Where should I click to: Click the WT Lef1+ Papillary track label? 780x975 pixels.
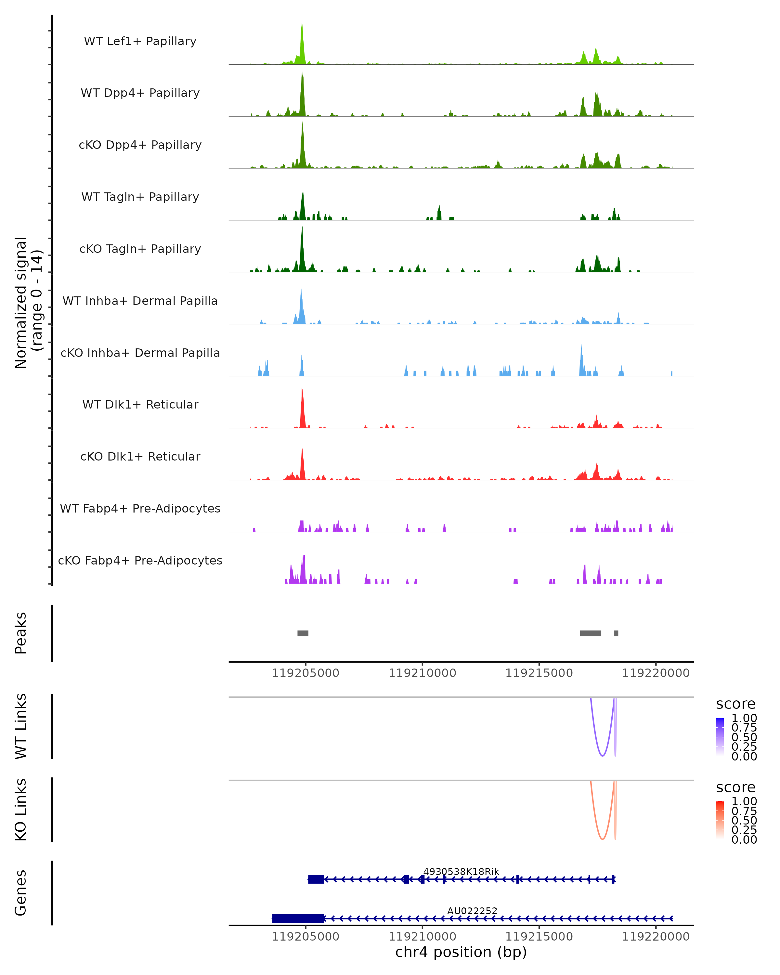140,41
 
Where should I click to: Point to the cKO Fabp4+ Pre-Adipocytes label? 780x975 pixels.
140,560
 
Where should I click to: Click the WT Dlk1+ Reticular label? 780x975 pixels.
140,404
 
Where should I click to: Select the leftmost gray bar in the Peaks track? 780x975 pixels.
303,633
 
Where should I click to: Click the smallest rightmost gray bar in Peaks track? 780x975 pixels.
616,633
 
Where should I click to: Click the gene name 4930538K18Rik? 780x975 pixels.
461,871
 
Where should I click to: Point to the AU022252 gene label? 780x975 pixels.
472,911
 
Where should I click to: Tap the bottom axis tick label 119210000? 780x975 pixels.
422,937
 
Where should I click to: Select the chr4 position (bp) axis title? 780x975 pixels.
461,952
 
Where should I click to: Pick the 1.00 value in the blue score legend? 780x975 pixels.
744,718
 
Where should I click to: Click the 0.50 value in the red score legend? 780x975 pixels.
744,820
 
